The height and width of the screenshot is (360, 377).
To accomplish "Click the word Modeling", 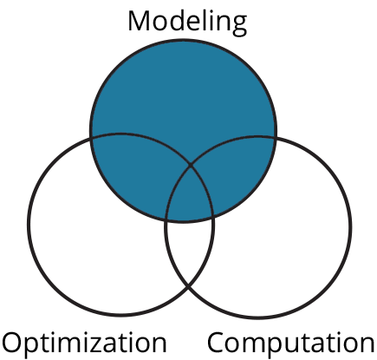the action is (187, 23).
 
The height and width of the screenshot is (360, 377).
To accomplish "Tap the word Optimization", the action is (84, 344).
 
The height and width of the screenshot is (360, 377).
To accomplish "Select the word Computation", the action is (291, 344).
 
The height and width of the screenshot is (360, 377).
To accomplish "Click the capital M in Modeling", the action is (140, 21).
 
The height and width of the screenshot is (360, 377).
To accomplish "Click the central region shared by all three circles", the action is (190, 197).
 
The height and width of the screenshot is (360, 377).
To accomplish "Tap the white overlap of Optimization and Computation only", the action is (189, 249).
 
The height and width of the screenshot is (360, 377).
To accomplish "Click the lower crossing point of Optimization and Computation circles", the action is (189, 287).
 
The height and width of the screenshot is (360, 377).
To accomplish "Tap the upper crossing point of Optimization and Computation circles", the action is (191, 166).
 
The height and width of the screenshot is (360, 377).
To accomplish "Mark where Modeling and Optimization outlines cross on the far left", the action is (91, 138).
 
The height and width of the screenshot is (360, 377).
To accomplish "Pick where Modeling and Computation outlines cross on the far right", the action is (276, 138).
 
